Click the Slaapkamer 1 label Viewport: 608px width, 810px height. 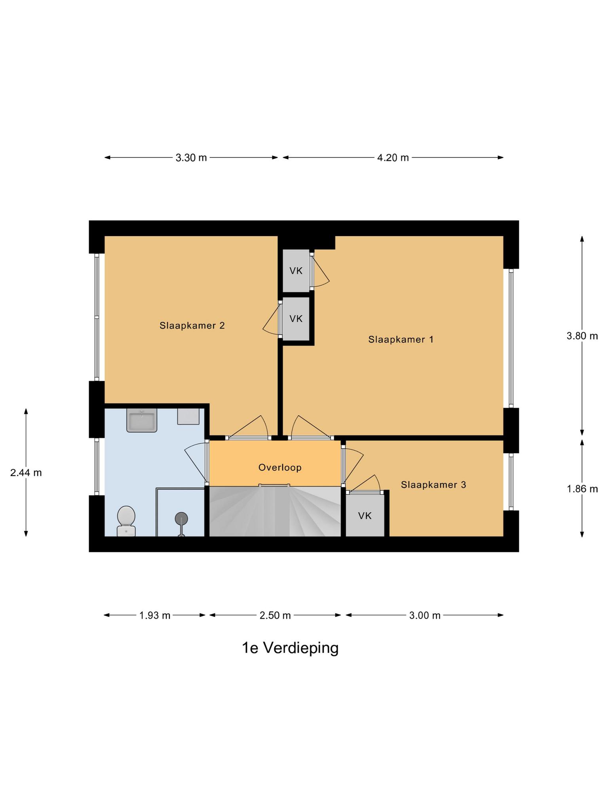coord(401,339)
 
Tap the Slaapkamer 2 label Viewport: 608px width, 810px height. coord(192,326)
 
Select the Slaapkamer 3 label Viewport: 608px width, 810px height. coord(433,484)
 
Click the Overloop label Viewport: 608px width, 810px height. coord(280,467)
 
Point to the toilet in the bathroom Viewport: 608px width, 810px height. coord(126,521)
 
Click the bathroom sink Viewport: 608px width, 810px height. coord(142,420)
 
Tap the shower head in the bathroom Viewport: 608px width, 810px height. coord(181,519)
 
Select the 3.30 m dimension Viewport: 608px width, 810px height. coord(191,158)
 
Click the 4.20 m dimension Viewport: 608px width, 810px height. coord(393,158)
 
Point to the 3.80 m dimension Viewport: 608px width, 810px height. coord(582,336)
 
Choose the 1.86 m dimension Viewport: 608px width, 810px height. coord(582,489)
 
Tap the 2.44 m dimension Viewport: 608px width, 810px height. coord(26,473)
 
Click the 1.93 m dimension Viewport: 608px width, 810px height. coord(155,615)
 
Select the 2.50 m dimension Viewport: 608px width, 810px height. coord(275,615)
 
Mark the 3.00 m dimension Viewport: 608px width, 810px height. coord(425,615)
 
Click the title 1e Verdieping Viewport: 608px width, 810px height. coord(290,648)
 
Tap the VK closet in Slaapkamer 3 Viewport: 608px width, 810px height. coord(365,516)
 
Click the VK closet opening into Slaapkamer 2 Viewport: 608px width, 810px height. coord(296,318)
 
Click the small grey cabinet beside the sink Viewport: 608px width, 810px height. coord(188,416)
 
